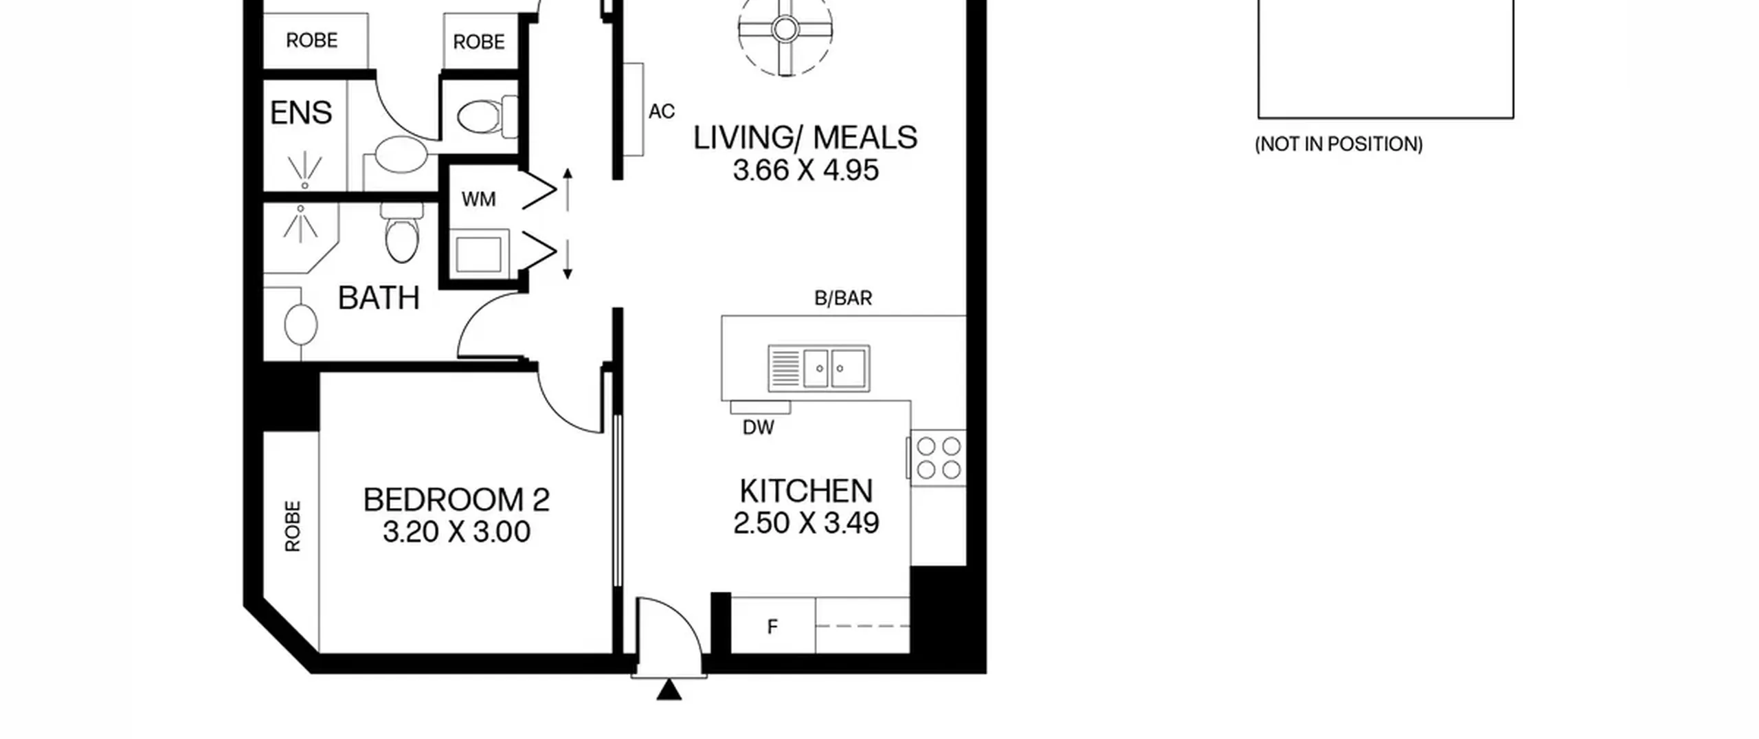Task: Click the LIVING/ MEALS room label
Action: pos(805,137)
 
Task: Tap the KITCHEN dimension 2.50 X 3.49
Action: pos(806,523)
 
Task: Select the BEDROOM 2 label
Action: pos(456,500)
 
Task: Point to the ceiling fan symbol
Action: pos(785,30)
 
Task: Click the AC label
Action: pos(662,111)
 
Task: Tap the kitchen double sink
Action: pos(818,368)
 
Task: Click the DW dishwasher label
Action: pos(759,428)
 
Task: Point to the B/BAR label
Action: pos(843,298)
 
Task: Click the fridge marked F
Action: pos(773,626)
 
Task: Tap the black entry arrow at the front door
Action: pos(669,690)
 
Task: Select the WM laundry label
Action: pos(478,199)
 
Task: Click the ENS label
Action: pos(301,113)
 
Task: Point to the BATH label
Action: pos(379,298)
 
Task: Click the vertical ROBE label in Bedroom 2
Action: pos(293,527)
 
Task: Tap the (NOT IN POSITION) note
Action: pos(1338,144)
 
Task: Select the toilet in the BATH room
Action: pos(402,232)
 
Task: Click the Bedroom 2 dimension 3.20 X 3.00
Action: pos(456,532)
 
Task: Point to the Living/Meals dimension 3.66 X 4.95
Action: pos(805,170)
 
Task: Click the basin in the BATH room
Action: pos(301,324)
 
